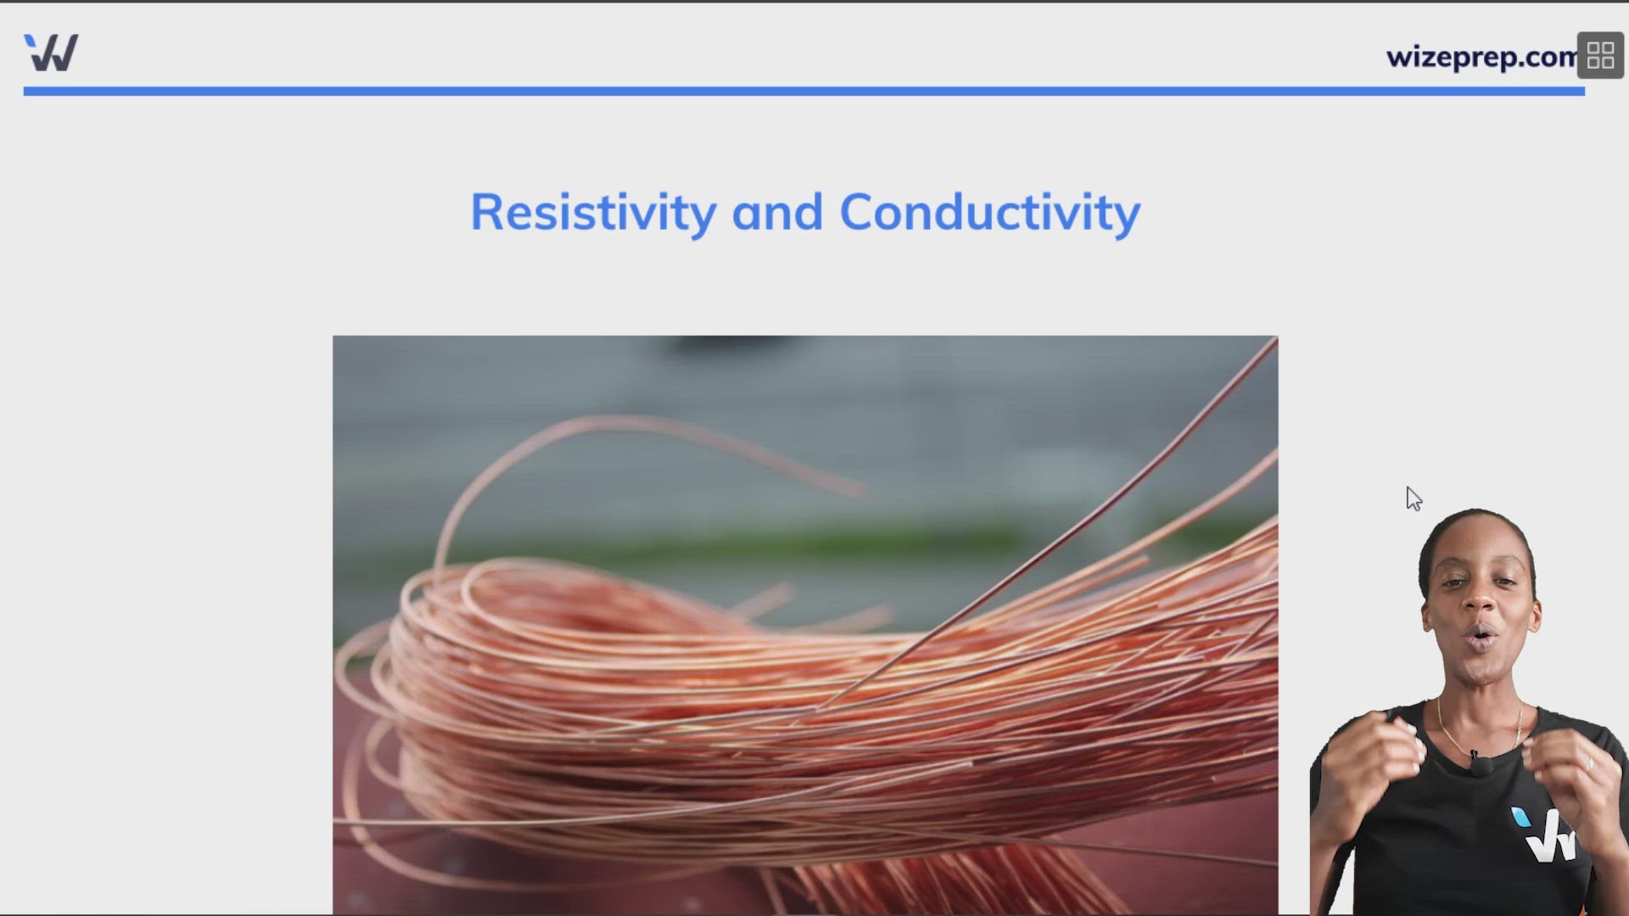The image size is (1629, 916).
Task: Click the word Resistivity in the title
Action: (x=594, y=213)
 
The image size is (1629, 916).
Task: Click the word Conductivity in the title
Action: (x=990, y=213)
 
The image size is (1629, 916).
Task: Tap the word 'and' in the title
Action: (x=777, y=212)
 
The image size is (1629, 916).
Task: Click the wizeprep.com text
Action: (x=1481, y=57)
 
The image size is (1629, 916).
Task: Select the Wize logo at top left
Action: (x=51, y=53)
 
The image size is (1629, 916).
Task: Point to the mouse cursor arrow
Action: (x=1413, y=499)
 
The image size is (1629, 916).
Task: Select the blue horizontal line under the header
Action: (x=803, y=91)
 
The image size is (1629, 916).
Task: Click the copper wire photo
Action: (x=805, y=625)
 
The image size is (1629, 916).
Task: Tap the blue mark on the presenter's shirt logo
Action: (x=1520, y=818)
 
